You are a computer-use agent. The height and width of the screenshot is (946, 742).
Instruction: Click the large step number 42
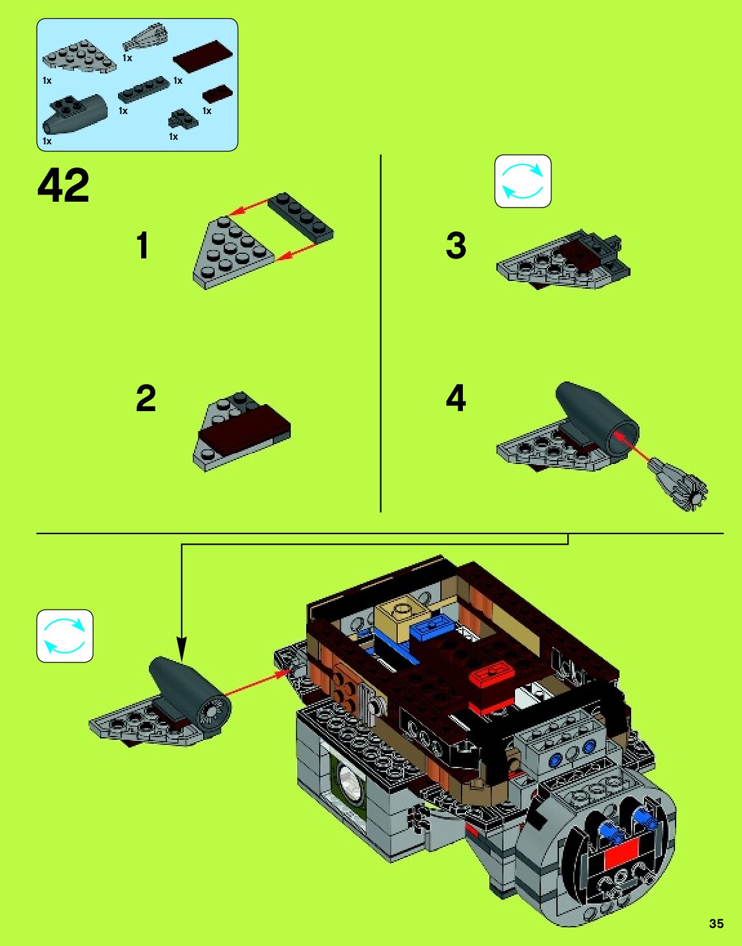63,186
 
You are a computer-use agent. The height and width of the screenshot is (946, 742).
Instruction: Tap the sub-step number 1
142,246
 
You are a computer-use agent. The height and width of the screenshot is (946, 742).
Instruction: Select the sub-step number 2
146,398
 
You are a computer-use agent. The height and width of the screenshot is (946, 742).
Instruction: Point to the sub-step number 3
456,246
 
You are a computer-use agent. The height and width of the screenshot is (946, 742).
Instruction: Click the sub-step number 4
456,398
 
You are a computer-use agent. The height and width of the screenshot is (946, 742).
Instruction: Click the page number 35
716,923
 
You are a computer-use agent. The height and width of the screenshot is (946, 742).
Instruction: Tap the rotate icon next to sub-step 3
523,181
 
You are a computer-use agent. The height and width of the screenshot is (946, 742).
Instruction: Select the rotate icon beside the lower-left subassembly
64,636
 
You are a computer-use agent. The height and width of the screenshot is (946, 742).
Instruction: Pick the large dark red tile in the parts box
202,56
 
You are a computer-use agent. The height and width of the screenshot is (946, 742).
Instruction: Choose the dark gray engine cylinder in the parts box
75,113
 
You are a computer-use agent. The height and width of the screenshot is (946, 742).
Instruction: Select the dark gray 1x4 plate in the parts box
143,90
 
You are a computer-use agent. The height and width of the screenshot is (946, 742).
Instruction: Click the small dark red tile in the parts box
218,93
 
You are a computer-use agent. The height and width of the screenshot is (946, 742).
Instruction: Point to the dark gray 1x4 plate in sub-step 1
301,217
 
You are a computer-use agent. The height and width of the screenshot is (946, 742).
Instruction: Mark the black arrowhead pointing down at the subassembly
182,648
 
